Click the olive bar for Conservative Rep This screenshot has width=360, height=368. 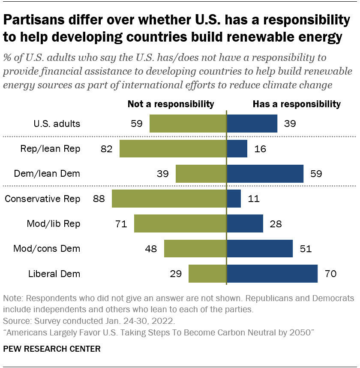[x=169, y=199]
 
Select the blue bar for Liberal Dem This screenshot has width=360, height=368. [x=272, y=274]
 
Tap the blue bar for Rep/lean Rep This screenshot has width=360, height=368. [x=237, y=149]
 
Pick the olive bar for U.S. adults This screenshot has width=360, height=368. [x=188, y=124]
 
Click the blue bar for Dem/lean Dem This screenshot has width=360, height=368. [x=265, y=174]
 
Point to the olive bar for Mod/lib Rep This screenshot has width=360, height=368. [x=180, y=223]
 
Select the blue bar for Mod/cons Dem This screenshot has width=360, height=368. [x=260, y=248]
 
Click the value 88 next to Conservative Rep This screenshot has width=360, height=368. [x=99, y=199]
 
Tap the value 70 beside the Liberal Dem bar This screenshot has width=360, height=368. [x=330, y=274]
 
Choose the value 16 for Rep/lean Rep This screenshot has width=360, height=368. [x=260, y=149]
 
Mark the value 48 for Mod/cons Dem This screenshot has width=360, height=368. [x=151, y=249]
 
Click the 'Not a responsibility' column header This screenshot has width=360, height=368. [x=171, y=104]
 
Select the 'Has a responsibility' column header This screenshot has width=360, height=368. [x=297, y=104]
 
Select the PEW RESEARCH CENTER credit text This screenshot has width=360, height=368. [x=52, y=349]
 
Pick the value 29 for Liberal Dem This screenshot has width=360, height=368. [x=176, y=274]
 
